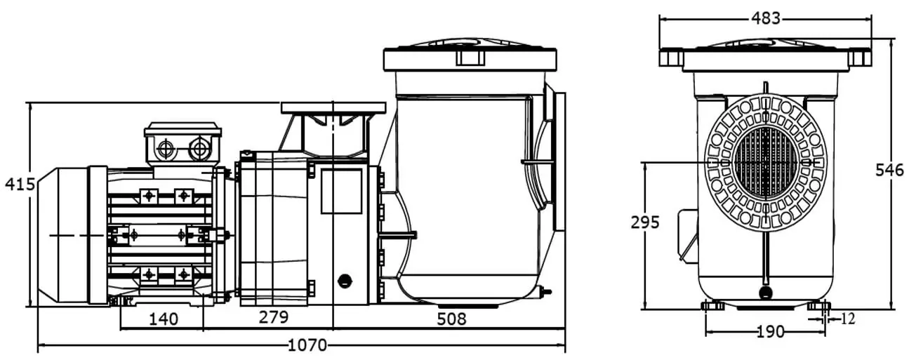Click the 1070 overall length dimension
click(x=307, y=345)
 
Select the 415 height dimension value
click(x=20, y=185)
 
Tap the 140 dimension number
click(x=164, y=319)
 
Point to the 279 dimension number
click(x=274, y=317)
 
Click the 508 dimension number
click(x=451, y=319)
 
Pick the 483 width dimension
click(x=766, y=18)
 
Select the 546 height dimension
click(x=889, y=170)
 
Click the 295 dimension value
click(x=645, y=222)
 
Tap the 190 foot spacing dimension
click(x=771, y=332)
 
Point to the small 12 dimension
click(x=847, y=319)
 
